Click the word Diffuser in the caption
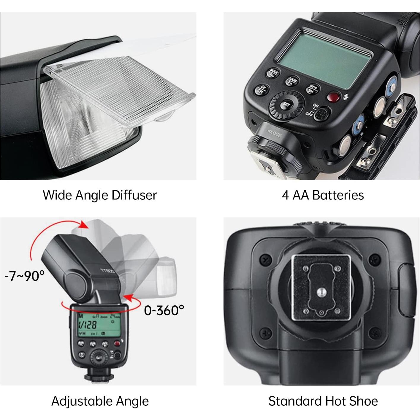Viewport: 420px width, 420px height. point(134,195)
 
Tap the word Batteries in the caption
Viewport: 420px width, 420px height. point(338,195)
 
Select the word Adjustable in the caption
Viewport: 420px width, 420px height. point(82,401)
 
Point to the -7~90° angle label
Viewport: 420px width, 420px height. point(25,276)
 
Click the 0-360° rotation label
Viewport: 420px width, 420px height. point(164,310)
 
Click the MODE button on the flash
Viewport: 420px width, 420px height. point(273,73)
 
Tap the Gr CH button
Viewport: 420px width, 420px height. point(261,90)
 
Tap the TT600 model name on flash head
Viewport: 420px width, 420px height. point(107,271)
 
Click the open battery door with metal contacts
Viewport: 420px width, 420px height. point(383,140)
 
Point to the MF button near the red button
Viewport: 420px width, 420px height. point(313,88)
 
